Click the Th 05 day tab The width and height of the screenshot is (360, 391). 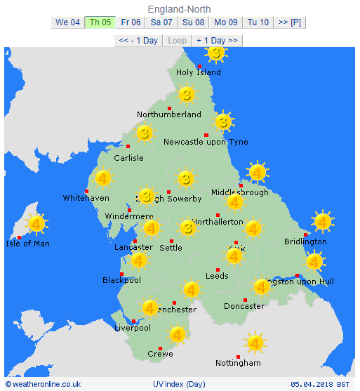point(99,22)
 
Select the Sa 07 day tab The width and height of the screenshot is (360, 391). point(161,22)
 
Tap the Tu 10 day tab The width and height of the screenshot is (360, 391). point(258,22)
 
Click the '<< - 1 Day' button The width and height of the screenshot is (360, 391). point(138,41)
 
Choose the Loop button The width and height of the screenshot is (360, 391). point(178,41)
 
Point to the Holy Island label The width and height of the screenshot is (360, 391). point(199,72)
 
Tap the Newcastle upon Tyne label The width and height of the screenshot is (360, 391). point(206,142)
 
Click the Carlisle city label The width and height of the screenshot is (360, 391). point(128,158)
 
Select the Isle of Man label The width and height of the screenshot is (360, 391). point(27,244)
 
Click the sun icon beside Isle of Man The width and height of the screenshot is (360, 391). point(36,224)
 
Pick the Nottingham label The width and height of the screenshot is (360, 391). point(238,363)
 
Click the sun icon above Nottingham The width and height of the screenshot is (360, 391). point(255,343)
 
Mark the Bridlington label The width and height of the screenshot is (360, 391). point(305,241)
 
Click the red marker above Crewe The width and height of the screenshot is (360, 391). point(161,348)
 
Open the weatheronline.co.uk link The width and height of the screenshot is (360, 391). point(43,384)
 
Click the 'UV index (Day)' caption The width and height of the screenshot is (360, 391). point(179,384)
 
